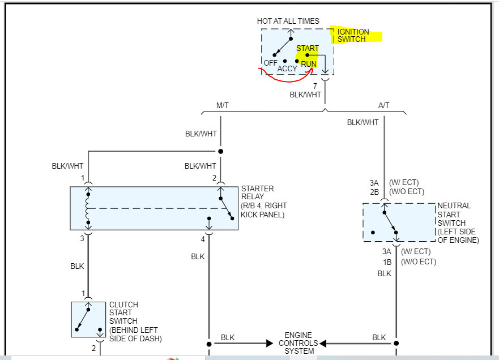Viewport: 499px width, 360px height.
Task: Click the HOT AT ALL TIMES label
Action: [x=288, y=21]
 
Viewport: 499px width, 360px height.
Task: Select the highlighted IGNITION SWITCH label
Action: [x=353, y=35]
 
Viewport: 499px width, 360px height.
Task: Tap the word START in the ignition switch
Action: [x=308, y=48]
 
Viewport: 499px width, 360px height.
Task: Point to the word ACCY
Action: [x=287, y=68]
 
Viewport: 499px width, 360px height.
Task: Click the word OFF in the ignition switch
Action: [x=270, y=63]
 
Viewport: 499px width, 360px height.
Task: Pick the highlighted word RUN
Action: [x=309, y=64]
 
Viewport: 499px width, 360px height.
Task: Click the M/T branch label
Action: [x=223, y=105]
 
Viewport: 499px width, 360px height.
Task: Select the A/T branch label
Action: [x=383, y=105]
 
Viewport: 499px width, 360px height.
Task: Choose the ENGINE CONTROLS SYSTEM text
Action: [x=298, y=343]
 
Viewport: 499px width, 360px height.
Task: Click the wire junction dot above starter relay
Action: [x=220, y=151]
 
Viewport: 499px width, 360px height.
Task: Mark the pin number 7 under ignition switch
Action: [x=315, y=86]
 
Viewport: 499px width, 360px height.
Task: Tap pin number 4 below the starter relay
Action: [x=203, y=239]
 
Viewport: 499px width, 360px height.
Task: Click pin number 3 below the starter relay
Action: [x=82, y=238]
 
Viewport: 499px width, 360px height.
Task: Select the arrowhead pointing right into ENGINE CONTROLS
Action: [x=270, y=344]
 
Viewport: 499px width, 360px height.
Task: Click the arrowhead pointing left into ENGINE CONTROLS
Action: [x=323, y=344]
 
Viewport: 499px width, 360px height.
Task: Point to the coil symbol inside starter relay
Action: [x=88, y=208]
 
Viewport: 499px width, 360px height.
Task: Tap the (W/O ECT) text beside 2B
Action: [x=407, y=191]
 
